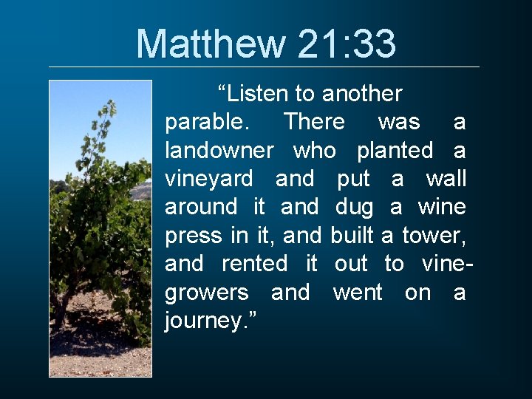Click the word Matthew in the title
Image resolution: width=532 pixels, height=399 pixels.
pyautogui.click(x=211, y=44)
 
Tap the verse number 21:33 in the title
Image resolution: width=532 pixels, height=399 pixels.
pyautogui.click(x=347, y=44)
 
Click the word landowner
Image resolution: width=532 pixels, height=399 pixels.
pyautogui.click(x=219, y=151)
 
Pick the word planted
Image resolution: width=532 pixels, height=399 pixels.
pyautogui.click(x=395, y=151)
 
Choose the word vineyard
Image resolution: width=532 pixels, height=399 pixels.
pyautogui.click(x=209, y=179)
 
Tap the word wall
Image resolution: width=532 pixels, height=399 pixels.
pyautogui.click(x=446, y=179)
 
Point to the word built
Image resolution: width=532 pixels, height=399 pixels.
pyautogui.click(x=353, y=236)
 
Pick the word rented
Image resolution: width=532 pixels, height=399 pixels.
pyautogui.click(x=255, y=264)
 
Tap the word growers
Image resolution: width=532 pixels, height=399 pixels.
pyautogui.click(x=207, y=293)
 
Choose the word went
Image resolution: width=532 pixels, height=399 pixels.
pyautogui.click(x=358, y=293)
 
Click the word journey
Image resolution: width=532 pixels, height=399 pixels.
pyautogui.click(x=208, y=321)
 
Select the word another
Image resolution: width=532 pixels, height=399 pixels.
pyautogui.click(x=363, y=94)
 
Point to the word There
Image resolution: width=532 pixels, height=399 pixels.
pyautogui.click(x=314, y=122)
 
